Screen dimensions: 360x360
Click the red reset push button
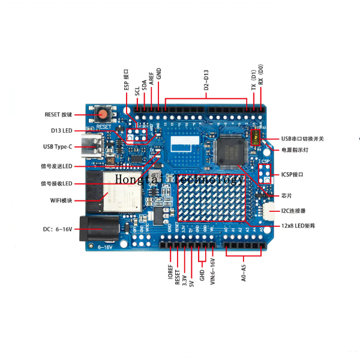tap(104, 113)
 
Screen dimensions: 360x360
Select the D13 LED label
tap(61, 130)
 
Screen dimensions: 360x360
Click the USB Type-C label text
tap(58, 146)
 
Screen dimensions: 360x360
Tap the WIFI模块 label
tap(61, 200)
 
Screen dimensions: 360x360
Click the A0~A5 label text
tap(243, 269)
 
